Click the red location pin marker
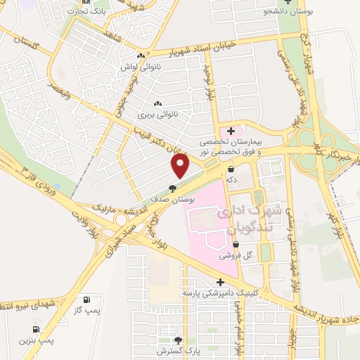click(181, 166)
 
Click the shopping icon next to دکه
click(231, 169)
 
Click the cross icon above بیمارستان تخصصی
click(231, 131)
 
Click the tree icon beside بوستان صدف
click(172, 188)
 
